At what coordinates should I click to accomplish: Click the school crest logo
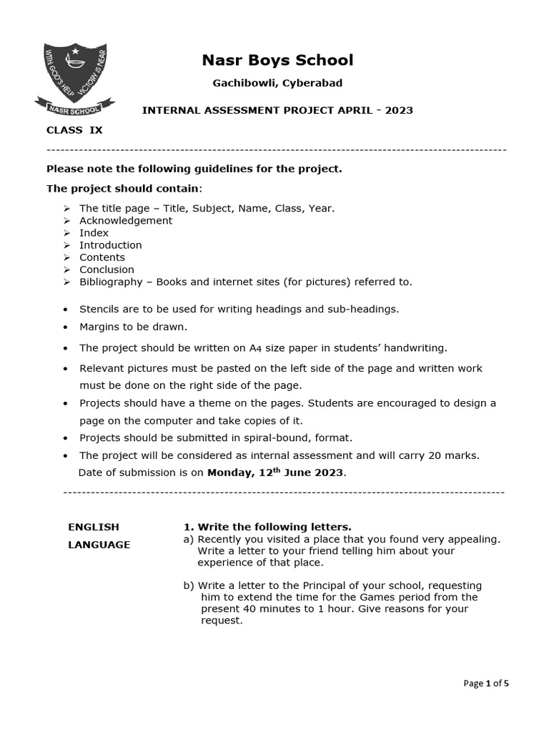pos(74,79)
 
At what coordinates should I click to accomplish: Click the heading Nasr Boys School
pos(277,60)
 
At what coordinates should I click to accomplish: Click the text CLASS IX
pos(74,130)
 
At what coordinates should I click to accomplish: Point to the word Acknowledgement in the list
pos(126,221)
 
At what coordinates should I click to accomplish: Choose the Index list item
pos(94,233)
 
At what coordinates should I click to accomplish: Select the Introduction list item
pos(110,245)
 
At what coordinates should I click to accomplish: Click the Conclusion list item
pos(107,269)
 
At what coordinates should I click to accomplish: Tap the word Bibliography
pos(111,282)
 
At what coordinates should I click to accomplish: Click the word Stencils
pos(101,309)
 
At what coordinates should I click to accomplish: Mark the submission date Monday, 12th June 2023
pos(276,473)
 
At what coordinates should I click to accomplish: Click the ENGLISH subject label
pos(94,527)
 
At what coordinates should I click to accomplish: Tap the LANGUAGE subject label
pos(99,545)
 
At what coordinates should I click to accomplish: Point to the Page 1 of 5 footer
pos(486,683)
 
